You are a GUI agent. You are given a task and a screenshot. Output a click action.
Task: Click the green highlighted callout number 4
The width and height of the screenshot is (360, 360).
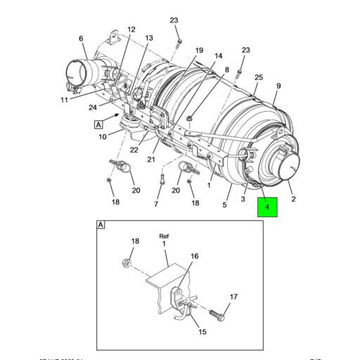[268, 207]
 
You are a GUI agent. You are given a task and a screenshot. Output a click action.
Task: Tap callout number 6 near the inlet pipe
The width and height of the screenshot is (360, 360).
[80, 38]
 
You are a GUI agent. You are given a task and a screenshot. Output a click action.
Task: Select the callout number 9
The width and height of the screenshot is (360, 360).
[278, 86]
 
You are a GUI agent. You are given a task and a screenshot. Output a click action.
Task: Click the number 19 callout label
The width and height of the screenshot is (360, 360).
[199, 50]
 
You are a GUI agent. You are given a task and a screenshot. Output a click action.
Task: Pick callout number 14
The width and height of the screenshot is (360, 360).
[218, 56]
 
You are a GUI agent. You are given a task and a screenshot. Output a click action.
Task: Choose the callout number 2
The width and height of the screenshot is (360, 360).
[293, 199]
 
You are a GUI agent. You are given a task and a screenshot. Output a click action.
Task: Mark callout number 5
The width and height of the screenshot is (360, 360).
[225, 205]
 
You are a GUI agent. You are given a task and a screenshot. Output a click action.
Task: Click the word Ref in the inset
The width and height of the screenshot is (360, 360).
[165, 236]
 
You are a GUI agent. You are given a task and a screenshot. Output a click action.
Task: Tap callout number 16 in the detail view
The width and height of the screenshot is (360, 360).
[195, 257]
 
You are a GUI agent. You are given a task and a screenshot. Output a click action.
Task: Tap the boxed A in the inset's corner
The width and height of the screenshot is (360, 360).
[101, 225]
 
